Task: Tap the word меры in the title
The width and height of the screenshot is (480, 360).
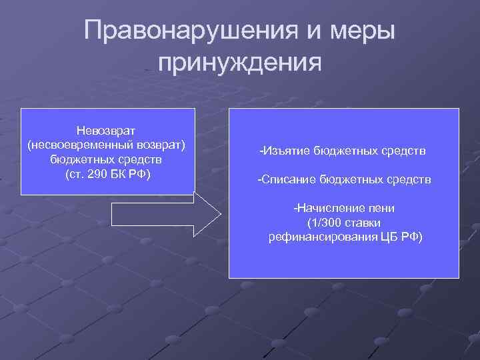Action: pyautogui.click(x=361, y=31)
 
